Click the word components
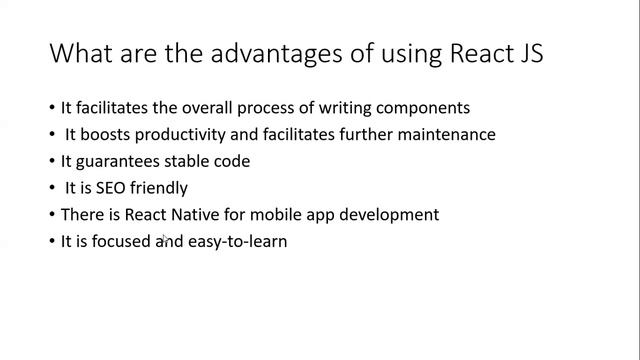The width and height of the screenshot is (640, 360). click(x=423, y=107)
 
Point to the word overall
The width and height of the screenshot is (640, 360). click(x=211, y=107)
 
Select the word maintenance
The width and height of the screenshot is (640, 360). click(x=445, y=134)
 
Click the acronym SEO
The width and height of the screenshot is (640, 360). click(x=110, y=188)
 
